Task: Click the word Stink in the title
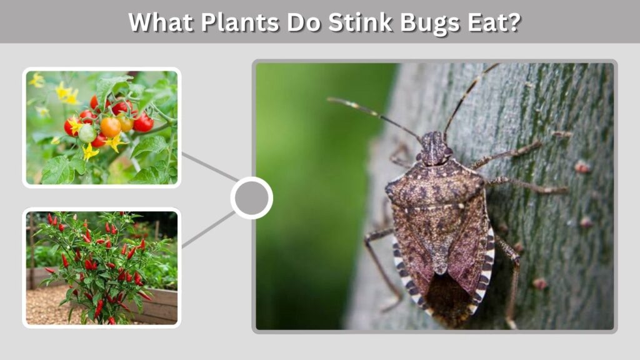(x=360, y=22)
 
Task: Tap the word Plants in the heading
(x=240, y=22)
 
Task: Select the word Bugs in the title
(x=430, y=23)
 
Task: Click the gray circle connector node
(x=251, y=198)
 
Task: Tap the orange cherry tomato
(x=111, y=127)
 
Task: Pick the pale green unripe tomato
(x=87, y=134)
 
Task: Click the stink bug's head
(x=434, y=147)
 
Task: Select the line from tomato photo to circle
(x=210, y=167)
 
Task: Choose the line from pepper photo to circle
(x=209, y=230)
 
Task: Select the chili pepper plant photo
(x=102, y=267)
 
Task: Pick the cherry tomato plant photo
(x=102, y=127)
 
